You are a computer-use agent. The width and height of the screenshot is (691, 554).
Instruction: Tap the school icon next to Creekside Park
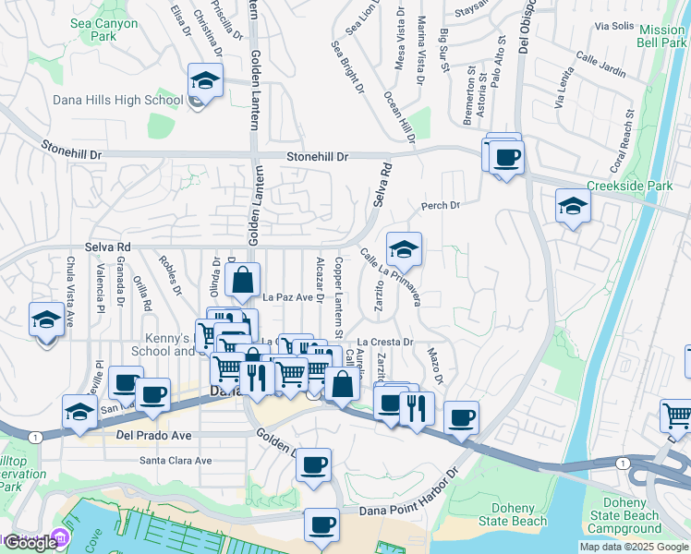(x=573, y=206)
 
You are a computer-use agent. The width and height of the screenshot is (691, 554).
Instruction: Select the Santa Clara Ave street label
(x=176, y=460)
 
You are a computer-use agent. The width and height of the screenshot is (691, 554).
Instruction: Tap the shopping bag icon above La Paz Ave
(x=242, y=280)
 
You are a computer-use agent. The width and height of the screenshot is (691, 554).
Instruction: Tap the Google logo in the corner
(x=30, y=543)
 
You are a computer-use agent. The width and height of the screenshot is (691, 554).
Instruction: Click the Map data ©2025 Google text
(x=634, y=547)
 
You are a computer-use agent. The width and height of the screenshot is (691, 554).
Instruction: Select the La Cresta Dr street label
(x=396, y=342)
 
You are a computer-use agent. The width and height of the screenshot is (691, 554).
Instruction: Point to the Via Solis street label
(x=616, y=27)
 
